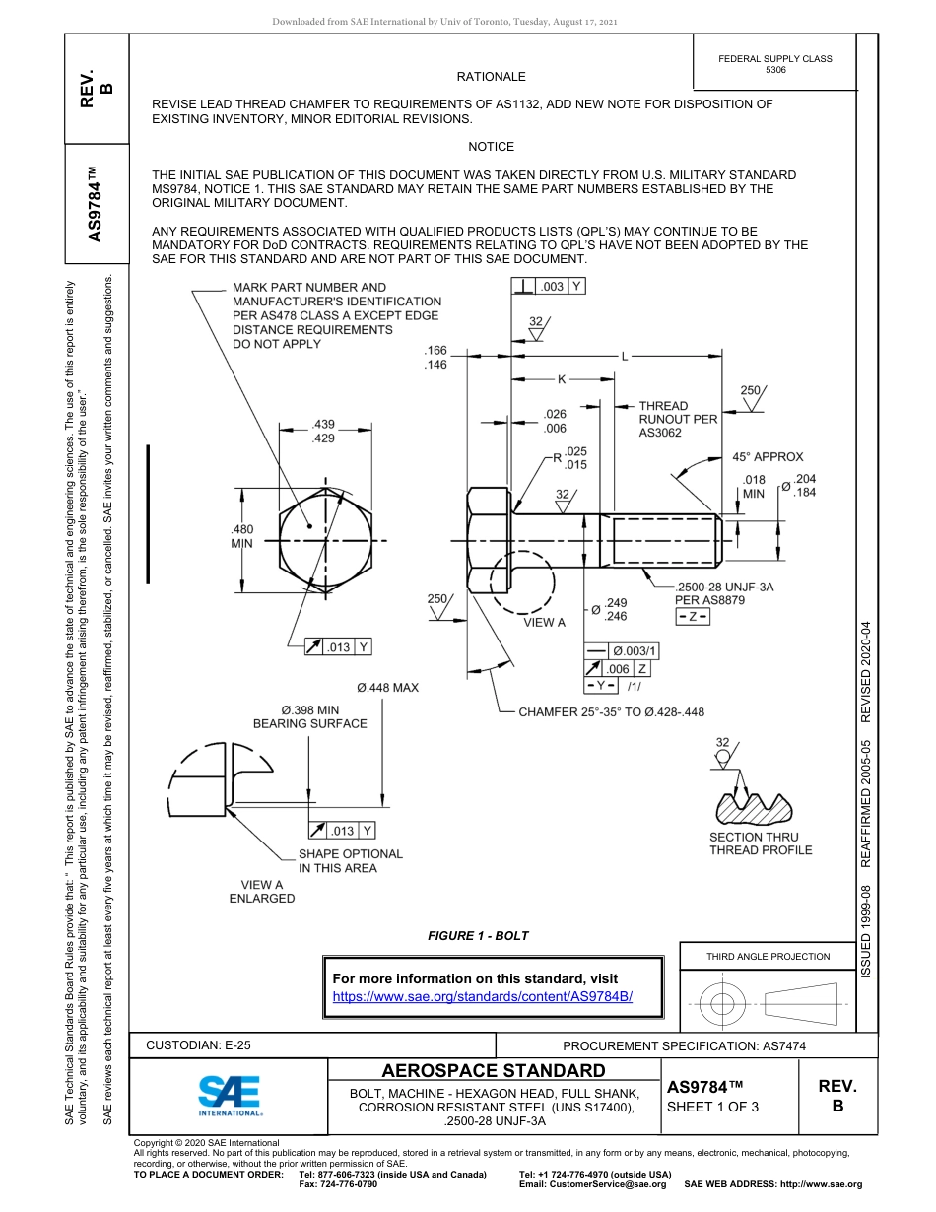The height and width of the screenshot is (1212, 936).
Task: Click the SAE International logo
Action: click(230, 1095)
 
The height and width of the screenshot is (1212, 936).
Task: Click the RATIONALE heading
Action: click(491, 76)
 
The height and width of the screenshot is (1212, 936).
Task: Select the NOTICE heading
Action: click(491, 147)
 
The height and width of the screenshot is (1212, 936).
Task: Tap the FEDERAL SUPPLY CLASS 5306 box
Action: click(774, 64)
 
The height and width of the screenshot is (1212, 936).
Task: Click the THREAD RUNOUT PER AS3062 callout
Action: click(678, 419)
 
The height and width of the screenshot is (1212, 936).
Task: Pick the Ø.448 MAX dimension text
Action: click(387, 688)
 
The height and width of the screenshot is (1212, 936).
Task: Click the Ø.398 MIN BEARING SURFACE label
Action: click(309, 716)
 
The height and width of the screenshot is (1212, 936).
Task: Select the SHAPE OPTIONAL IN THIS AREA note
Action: click(350, 861)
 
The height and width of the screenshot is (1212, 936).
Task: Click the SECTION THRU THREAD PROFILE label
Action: click(761, 843)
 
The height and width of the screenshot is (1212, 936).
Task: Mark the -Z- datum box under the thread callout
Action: click(693, 617)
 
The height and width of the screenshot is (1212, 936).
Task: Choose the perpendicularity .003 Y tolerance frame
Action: click(549, 286)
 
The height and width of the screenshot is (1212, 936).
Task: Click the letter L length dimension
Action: click(624, 356)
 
